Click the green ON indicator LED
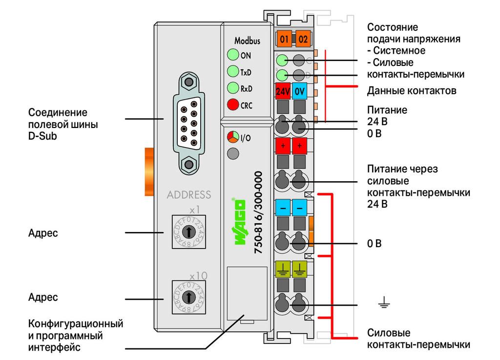tap(233, 55)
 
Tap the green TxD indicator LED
tap(233, 71)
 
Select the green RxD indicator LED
tap(233, 88)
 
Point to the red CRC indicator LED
tap(233, 104)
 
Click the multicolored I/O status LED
tap(233, 137)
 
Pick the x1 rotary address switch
tap(189, 232)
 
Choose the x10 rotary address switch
tap(189, 297)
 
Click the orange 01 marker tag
tap(284, 39)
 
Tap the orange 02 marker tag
tap(303, 39)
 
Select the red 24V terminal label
tap(283, 91)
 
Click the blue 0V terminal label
tap(299, 91)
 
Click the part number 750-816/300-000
tap(258, 212)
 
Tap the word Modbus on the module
tap(247, 41)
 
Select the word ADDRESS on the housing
tap(189, 194)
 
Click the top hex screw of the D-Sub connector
tap(189, 82)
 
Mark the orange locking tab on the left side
tap(149, 171)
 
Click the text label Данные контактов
tap(411, 91)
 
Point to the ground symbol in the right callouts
tap(384, 302)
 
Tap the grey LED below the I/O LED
tap(233, 154)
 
